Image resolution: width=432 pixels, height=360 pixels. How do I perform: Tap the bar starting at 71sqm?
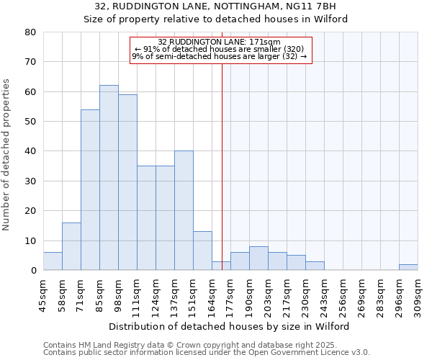(90, 190)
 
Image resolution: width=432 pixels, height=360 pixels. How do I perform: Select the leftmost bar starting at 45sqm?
(53, 261)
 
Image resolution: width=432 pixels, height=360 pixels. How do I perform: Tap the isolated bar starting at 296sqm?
(408, 267)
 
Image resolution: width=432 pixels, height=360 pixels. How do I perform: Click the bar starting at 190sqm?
(258, 258)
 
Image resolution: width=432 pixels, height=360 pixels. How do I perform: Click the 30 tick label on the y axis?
(31, 181)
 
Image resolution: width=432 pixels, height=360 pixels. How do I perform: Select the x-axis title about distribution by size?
(230, 326)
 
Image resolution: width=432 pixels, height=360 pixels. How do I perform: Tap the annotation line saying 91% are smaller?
(221, 49)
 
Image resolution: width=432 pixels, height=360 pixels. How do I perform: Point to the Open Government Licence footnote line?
(207, 353)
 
